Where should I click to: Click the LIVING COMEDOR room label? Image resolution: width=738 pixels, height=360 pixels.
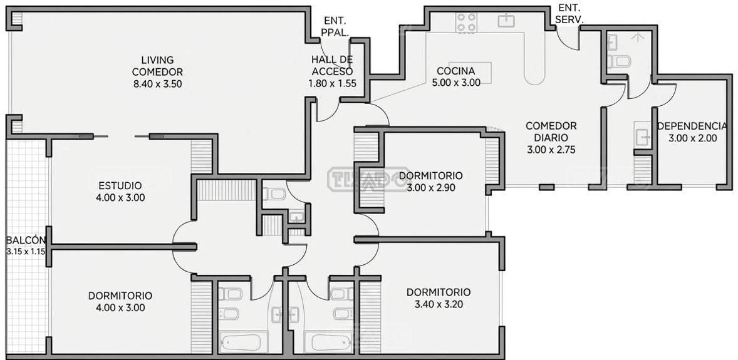pos(157,66)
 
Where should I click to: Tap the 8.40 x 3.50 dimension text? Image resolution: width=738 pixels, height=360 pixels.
pos(158,85)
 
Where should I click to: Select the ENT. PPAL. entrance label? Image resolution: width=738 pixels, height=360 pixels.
pos(336,27)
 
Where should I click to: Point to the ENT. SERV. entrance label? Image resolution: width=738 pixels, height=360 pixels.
pos(569,14)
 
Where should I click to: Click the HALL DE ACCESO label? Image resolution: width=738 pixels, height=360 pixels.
pos(332,66)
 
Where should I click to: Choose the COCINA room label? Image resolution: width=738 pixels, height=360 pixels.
pos(455,71)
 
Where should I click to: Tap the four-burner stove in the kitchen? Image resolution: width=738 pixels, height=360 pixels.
pos(466,23)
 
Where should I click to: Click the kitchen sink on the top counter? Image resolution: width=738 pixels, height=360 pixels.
pos(506,21)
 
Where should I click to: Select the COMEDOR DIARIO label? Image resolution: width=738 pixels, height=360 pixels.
pos(551,132)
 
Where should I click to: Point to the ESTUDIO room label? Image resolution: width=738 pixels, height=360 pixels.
pos(120,185)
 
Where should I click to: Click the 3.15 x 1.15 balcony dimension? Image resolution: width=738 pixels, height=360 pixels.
pos(26,252)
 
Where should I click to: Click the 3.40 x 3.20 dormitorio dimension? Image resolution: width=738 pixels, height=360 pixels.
pos(439,304)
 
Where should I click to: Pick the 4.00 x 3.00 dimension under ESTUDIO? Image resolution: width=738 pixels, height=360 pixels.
pos(120,198)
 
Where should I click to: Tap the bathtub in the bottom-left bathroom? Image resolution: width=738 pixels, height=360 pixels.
pos(240,342)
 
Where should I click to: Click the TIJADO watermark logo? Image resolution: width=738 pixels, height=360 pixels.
pos(368,179)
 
